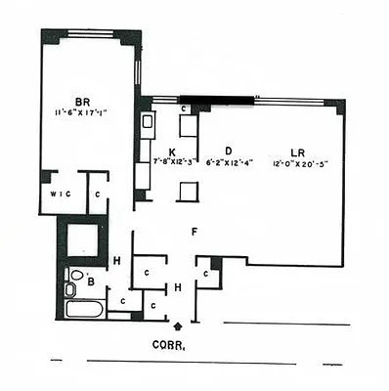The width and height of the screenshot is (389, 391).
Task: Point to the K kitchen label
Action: pos(172,152)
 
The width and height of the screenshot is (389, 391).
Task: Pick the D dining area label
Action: pos(228,150)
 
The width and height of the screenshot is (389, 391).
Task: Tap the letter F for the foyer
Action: pos(195,233)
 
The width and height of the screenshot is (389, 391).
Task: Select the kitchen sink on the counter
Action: pos(149,122)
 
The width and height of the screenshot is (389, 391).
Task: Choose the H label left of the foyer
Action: pos(116,260)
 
